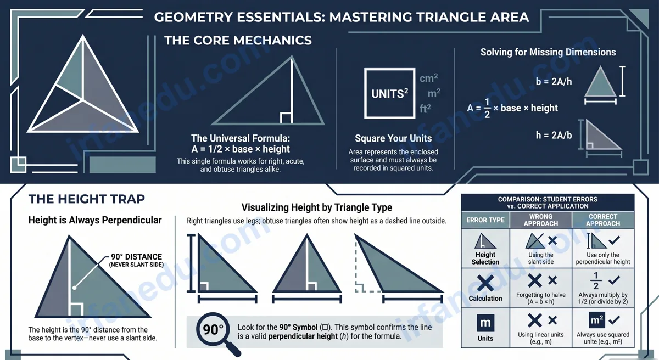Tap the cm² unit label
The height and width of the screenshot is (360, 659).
point(428,78)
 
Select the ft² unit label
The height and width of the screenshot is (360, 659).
point(425,109)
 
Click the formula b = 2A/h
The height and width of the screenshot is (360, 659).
point(554,81)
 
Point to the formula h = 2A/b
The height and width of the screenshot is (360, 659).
point(554,135)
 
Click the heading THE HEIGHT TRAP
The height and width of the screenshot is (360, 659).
point(87,199)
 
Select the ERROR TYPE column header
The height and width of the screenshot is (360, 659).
point(485,220)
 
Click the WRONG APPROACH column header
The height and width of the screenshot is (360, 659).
point(541,220)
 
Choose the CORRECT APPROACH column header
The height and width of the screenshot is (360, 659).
point(603,220)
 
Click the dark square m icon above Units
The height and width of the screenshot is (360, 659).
point(485,323)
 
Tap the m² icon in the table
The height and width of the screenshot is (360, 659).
point(596,320)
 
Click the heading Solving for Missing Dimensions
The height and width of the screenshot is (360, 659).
point(548,52)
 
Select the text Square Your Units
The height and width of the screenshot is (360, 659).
point(393,138)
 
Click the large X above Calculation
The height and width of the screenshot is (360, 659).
point(485,283)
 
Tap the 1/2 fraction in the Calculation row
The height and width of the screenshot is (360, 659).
point(596,280)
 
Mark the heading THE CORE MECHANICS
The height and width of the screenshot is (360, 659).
point(238,40)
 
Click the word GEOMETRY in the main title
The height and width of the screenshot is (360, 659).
point(193,17)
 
